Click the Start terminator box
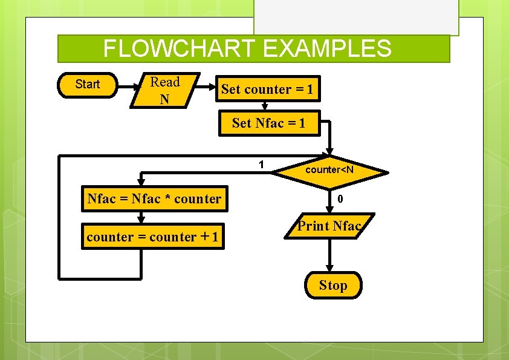[88, 84]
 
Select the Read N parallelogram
[164, 90]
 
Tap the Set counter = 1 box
[267, 90]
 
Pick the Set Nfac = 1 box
[268, 123]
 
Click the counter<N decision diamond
[329, 170]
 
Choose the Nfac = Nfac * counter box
[155, 198]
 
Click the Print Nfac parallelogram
[329, 227]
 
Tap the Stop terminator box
[333, 285]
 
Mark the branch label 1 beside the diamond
[261, 164]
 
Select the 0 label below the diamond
[340, 198]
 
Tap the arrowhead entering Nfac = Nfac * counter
[141, 181]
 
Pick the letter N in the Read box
[164, 99]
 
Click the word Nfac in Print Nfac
[346, 226]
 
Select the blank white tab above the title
[356, 17]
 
